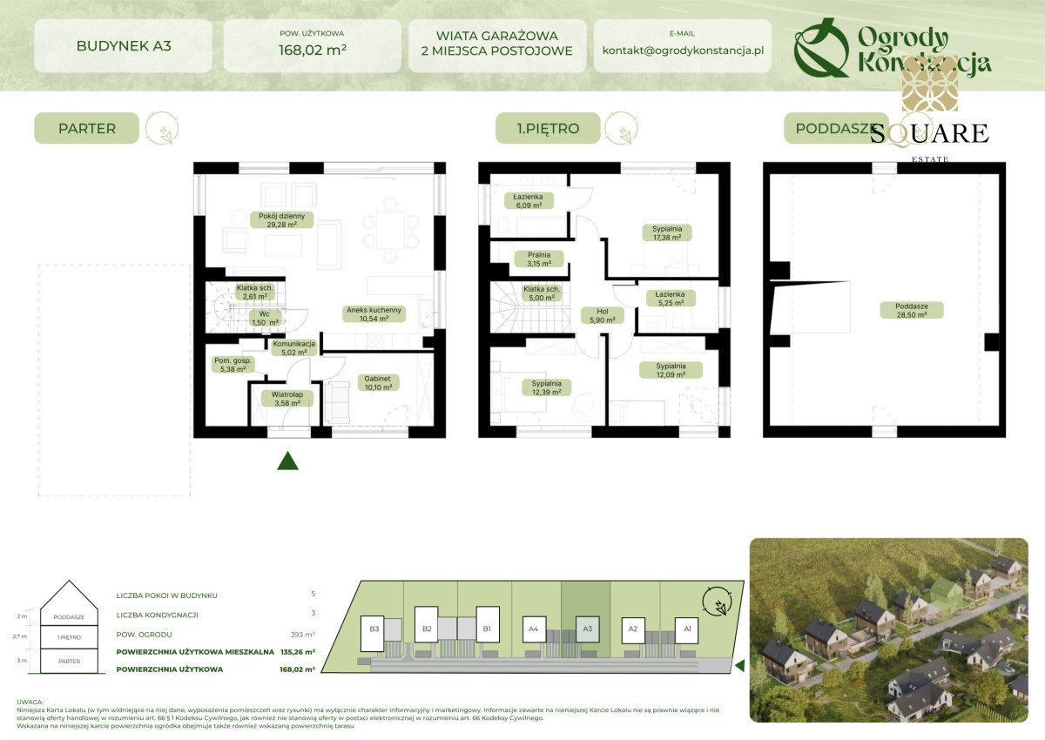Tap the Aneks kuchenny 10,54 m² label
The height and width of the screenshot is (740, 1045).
pos(374,314)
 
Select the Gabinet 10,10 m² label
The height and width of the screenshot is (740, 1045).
pos(378,382)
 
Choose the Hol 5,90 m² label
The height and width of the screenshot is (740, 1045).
pos(603,315)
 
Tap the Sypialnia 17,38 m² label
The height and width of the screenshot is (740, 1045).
pos(667,232)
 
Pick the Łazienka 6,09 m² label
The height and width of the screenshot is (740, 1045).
pos(528,200)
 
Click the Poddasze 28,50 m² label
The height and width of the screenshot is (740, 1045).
pos(900,311)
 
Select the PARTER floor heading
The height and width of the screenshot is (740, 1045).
pos(87,129)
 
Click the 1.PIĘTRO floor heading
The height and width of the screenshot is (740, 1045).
pos(549,129)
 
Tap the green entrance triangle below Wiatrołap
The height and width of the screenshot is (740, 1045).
pos(288,461)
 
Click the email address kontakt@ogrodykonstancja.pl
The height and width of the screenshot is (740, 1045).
pos(683,50)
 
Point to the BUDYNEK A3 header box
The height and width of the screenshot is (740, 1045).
pos(123,45)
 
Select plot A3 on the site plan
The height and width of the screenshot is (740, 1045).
pos(587,628)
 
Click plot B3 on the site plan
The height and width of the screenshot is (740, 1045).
pos(375,628)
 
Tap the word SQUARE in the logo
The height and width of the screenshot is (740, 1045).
pos(929,133)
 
